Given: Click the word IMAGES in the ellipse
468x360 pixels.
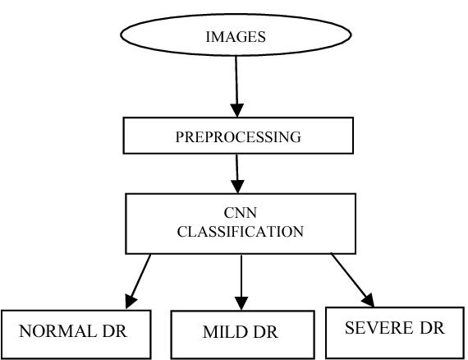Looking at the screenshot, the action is point(236,37).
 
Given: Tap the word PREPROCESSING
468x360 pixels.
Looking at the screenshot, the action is point(238,137).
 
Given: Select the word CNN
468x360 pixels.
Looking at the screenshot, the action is point(241,213).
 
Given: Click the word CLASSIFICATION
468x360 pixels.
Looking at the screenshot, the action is point(241,232).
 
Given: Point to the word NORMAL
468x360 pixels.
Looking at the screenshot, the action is point(57,331).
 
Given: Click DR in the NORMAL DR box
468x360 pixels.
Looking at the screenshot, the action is point(115,331).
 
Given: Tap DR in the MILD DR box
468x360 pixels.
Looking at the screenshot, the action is point(265,332).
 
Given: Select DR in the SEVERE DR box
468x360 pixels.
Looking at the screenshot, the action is point(432,328).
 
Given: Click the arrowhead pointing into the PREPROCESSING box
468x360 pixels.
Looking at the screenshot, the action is point(237,110).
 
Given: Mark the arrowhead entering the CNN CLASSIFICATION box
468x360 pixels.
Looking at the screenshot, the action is point(237,187).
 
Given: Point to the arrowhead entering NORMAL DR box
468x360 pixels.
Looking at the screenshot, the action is point(130,301).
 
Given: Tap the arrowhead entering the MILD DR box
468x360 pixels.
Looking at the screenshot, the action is point(241,303).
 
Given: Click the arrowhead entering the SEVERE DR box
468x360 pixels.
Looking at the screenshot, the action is point(369,300).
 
